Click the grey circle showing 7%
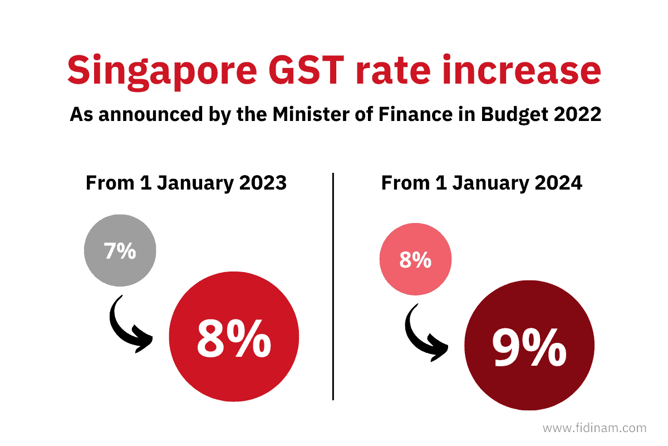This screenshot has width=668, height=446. point(120,251)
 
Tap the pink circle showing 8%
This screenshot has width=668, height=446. point(415,260)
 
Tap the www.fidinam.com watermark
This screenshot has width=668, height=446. point(594,428)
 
